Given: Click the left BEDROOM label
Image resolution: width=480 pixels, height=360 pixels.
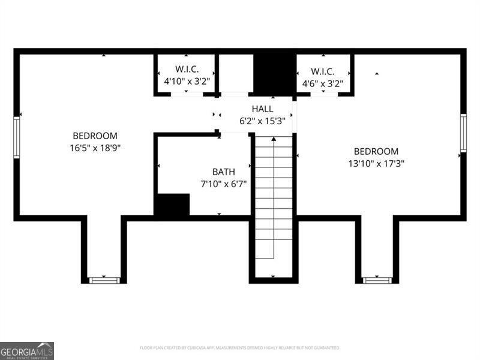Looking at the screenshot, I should coord(95,136).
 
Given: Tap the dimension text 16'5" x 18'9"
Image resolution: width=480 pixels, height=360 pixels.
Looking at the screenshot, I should coord(95,147).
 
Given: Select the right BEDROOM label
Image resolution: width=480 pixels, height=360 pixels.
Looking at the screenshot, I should coord(376,152).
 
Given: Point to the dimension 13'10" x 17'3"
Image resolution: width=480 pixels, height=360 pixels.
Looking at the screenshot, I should coord(376,163).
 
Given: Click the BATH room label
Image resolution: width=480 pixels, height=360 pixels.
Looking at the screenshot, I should coord(223,172).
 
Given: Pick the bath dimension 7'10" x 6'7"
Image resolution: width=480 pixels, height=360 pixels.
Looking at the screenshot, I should coord(223,183).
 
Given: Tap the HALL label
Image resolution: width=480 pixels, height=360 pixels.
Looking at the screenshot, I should coord(262,109).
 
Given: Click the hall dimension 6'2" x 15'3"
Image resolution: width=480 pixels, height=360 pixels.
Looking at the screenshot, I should coord(262,120).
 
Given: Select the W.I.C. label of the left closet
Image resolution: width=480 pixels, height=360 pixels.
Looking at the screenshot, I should coord(187,70).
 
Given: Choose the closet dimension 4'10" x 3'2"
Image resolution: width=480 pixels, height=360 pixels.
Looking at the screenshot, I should coord(187,80).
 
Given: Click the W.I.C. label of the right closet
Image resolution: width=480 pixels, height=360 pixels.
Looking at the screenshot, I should coord(322,70).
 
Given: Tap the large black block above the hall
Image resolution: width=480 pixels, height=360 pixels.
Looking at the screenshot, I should coord(274,73).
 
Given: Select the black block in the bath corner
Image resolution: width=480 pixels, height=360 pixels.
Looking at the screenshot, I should coord(173,205).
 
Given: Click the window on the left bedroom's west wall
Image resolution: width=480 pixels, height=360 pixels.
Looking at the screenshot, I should coord(17,137).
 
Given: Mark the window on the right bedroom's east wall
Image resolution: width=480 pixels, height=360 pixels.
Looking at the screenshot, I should coord(463,133).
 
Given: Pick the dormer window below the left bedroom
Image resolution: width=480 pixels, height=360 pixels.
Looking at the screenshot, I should coord(104,280).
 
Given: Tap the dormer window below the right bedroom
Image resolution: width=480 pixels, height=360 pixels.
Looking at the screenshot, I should coord(377,280).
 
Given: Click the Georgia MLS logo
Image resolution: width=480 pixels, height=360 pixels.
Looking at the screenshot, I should coord(27,350).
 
